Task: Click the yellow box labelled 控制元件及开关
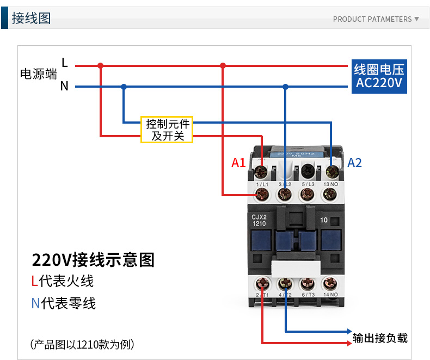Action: click(x=167, y=130)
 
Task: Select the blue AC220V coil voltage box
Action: click(x=379, y=76)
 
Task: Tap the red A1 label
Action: click(x=239, y=163)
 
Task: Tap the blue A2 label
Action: click(x=354, y=163)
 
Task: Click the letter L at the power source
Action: click(x=65, y=63)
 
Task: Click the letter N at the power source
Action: click(x=64, y=86)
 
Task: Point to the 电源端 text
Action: click(x=38, y=74)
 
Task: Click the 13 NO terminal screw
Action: click(x=330, y=193)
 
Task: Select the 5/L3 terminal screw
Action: click(x=307, y=193)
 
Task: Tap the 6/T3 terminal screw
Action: click(x=307, y=284)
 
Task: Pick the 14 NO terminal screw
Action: click(x=330, y=284)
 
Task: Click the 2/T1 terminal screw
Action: click(x=262, y=284)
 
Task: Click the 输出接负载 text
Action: click(x=380, y=338)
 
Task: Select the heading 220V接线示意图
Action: click(x=93, y=260)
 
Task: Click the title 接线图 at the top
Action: click(x=31, y=18)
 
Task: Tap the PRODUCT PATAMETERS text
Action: click(x=372, y=19)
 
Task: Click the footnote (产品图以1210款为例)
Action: click(x=82, y=344)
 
